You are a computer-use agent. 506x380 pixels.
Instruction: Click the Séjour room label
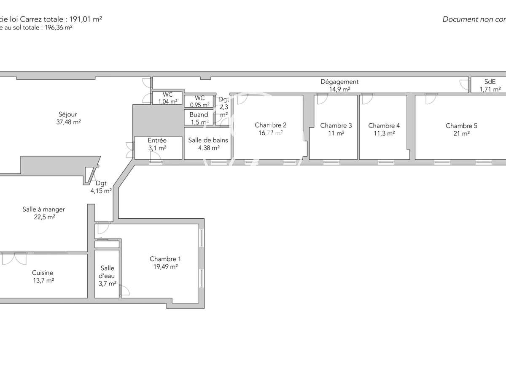[68, 114]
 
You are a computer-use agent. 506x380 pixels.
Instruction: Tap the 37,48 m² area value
[68, 122]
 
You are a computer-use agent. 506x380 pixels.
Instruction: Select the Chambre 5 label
[461, 126]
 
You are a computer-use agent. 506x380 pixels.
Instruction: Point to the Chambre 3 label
[336, 125]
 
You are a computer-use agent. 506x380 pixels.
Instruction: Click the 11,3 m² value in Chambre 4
[384, 133]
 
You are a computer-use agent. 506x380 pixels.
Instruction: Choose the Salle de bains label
[208, 140]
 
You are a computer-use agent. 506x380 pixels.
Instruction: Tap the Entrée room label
[157, 141]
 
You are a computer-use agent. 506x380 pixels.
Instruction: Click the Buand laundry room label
[199, 114]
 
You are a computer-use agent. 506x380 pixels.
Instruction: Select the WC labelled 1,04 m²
[167, 95]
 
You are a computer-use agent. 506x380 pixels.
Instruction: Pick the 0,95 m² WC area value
[199, 105]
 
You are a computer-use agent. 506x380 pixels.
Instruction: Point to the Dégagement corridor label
[339, 82]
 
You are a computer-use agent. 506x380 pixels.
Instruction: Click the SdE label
[490, 82]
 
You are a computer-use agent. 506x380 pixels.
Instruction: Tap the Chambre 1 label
[165, 259]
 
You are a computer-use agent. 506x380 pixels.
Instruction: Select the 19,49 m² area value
[165, 267]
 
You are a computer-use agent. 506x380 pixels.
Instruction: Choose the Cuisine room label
[43, 273]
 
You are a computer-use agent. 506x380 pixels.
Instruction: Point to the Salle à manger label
[43, 209]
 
